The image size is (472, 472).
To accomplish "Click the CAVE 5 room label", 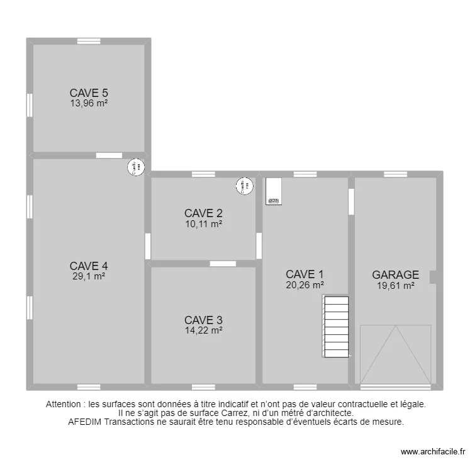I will (x=89, y=93).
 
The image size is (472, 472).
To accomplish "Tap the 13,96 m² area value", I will (x=89, y=104).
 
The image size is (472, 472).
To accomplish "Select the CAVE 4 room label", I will (x=89, y=266).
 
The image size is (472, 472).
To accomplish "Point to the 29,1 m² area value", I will (x=89, y=276).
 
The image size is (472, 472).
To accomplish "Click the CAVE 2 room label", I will (x=203, y=213).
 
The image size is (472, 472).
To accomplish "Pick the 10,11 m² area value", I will (x=203, y=223).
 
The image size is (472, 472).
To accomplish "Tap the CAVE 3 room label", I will (x=203, y=320).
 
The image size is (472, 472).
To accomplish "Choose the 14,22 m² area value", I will (x=203, y=330).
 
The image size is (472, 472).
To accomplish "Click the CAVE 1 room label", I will (x=305, y=274).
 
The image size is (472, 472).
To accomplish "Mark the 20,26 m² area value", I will (x=305, y=284).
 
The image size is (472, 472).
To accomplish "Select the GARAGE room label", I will (x=395, y=275).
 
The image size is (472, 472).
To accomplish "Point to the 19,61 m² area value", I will (x=395, y=285).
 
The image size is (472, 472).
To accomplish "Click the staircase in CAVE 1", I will (x=335, y=327).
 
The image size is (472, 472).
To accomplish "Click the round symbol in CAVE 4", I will (x=136, y=167).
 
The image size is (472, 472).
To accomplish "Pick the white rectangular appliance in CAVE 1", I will (x=274, y=191).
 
